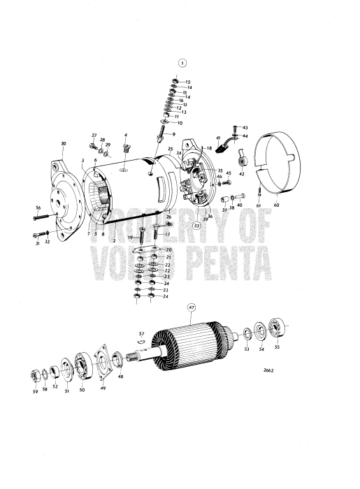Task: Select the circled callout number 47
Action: [191, 307]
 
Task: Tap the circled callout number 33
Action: [198, 226]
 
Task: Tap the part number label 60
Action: [275, 206]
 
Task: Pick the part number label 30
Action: [64, 143]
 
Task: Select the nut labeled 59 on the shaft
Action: [34, 377]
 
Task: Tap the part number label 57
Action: [141, 334]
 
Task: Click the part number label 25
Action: [170, 149]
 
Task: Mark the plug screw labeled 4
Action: [126, 148]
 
